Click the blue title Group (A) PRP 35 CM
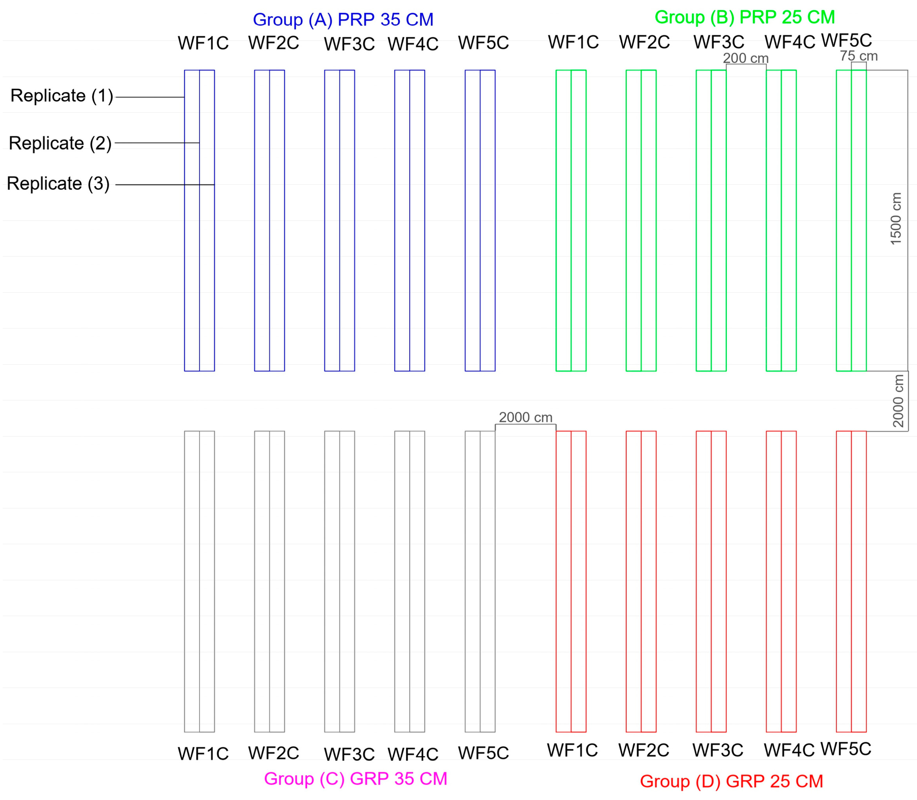click(343, 20)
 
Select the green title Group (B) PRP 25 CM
click(744, 17)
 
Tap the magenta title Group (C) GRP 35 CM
click(356, 778)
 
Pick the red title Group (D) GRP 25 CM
click(731, 781)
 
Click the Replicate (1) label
click(62, 95)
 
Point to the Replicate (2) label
click(60, 143)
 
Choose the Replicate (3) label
click(58, 183)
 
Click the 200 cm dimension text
click(746, 58)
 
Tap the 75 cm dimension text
click(858, 56)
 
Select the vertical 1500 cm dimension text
click(895, 218)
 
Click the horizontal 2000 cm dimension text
click(525, 417)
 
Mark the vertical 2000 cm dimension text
click(898, 400)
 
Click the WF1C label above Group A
click(203, 43)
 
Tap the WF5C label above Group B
click(846, 40)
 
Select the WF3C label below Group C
click(349, 754)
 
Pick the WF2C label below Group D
click(643, 750)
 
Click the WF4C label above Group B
click(790, 42)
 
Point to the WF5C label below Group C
click(483, 753)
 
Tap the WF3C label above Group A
click(349, 44)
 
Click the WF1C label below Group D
click(572, 750)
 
